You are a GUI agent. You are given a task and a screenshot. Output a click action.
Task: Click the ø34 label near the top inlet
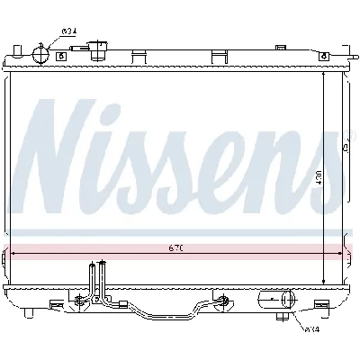[67, 33]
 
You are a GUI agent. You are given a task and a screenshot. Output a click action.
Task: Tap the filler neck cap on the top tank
[107, 50]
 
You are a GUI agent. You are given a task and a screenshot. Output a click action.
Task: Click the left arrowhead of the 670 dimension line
[9, 253]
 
